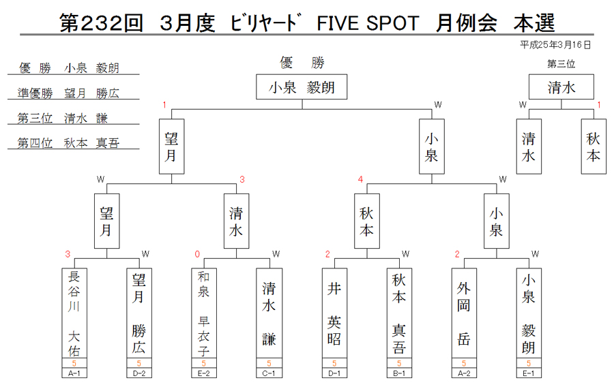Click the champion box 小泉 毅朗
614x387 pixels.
coord(302,87)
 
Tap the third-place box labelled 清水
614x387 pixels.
coord(561,87)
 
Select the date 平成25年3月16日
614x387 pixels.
coord(555,45)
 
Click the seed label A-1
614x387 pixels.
coord(74,373)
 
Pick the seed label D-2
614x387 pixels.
coord(139,373)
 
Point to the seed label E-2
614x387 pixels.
coord(203,373)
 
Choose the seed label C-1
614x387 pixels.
coord(269,373)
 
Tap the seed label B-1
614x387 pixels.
coord(399,373)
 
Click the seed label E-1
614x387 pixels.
coord(529,373)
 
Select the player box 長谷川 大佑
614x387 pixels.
coord(74,313)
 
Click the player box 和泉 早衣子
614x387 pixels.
coord(203,313)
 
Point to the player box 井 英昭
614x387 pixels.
coord(334,313)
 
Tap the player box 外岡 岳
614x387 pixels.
coord(464,313)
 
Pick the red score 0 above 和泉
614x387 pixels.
coord(197,254)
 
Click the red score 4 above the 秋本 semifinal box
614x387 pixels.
coord(360,179)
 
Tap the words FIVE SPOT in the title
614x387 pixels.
coord(368,23)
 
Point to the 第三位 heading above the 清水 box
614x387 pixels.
coord(561,64)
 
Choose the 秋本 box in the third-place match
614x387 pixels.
coord(594,146)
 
